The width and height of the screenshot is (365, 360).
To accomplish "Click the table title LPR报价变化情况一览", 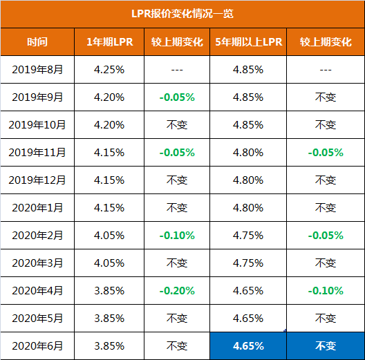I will coord(182,14).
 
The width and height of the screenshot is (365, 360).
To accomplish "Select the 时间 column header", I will coord(37,42).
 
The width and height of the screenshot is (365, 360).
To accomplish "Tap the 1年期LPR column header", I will coord(109,42).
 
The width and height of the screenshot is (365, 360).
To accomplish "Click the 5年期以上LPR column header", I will coord(249,42).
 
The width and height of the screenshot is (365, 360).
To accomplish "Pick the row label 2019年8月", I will coord(37,70).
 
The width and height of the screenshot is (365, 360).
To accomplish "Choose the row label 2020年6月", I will coord(37,345).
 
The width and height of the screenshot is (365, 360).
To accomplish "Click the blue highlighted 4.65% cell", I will coord(249,345).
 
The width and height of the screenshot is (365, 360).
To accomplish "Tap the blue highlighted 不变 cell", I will coord(325,345).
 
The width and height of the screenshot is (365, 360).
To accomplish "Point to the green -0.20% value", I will coord(177,291).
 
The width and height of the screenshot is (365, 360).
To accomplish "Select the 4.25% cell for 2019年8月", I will coord(109,70).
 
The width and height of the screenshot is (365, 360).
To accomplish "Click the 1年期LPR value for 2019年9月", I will coord(109,97).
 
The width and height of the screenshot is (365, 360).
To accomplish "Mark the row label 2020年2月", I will coord(37,236).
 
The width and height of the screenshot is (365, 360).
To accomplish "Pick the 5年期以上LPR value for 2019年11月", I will coord(249,153).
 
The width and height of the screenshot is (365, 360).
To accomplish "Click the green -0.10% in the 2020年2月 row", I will coord(177,236).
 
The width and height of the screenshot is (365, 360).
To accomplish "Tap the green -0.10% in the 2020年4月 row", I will coord(325,291).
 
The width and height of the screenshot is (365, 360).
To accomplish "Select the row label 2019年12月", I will coord(37,180).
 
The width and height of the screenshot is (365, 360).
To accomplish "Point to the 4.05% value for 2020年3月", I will coord(109,263).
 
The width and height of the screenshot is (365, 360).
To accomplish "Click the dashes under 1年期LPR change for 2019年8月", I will coord(177,70).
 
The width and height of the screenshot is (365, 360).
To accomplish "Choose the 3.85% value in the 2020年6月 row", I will coord(109,345).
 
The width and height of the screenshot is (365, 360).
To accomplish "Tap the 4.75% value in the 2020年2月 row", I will coord(249,236).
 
